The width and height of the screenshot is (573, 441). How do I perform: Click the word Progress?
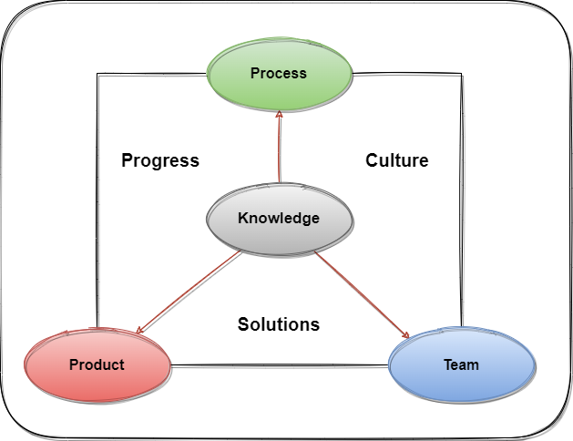point(160,160)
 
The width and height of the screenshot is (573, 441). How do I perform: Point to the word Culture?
point(397,160)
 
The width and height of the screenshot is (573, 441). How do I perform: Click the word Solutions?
point(279,323)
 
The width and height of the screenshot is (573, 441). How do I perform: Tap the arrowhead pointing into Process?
point(280,117)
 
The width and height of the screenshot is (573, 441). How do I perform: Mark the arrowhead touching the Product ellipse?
point(140,329)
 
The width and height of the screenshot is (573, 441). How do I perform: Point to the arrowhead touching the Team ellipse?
point(404,335)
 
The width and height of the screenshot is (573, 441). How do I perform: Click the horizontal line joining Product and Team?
point(280,366)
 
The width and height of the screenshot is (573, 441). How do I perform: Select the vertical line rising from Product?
point(97,200)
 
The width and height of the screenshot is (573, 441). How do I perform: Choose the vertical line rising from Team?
point(461,200)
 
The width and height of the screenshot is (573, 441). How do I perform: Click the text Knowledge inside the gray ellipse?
point(279,218)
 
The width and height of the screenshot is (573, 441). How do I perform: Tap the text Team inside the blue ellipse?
point(461,364)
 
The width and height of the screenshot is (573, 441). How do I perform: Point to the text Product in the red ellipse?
point(97,364)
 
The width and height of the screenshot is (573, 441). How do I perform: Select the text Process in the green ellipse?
point(279,73)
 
